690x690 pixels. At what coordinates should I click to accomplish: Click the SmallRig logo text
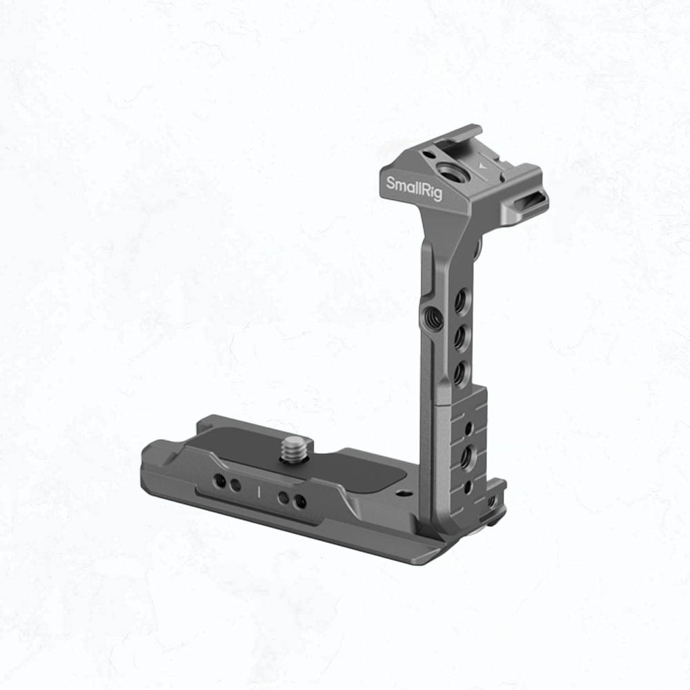413,188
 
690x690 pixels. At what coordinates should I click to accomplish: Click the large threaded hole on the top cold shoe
447,169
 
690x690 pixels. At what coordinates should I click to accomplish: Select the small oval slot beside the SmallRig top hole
428,154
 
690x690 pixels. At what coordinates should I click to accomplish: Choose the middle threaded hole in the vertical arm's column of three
461,338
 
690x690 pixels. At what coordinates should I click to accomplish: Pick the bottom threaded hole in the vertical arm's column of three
460,374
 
